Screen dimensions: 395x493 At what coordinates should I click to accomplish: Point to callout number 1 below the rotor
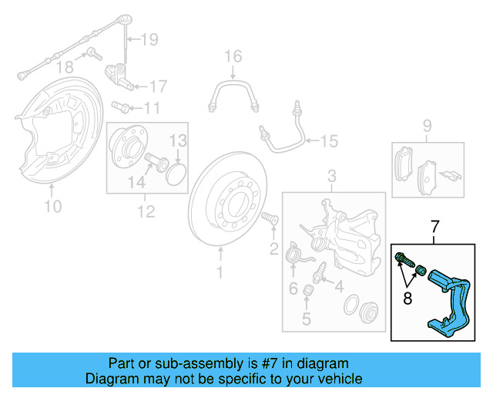(x=219, y=272)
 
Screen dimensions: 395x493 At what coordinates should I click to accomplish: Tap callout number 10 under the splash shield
(x=52, y=206)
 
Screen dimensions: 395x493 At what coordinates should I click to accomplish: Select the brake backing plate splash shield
(x=46, y=135)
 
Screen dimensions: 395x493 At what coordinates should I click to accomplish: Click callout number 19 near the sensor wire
(x=149, y=39)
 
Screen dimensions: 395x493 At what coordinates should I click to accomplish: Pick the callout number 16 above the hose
(x=233, y=56)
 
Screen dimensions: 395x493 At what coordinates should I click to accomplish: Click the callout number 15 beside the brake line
(x=329, y=141)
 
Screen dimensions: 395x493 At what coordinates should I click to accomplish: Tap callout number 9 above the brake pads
(x=426, y=126)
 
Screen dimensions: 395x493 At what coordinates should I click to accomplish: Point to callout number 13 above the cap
(x=178, y=140)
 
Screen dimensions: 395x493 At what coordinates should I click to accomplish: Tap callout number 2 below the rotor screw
(x=273, y=248)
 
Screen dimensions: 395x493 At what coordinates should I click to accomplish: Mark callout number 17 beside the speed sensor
(x=157, y=86)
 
